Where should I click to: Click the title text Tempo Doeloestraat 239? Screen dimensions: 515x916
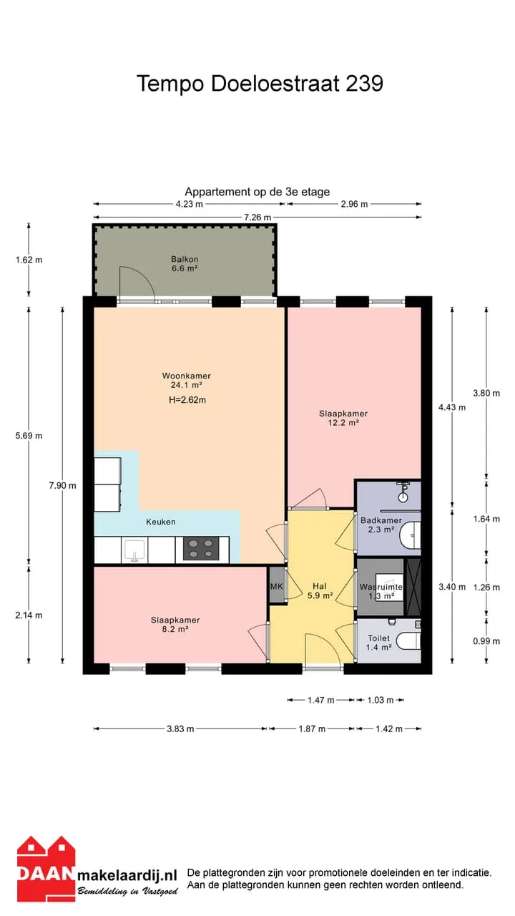(260, 84)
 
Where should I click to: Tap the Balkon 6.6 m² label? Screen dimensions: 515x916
(185, 264)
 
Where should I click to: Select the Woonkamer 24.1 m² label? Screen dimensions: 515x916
(187, 380)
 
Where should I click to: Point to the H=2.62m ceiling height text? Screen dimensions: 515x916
(187, 400)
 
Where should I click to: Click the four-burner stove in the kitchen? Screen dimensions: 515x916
(200, 549)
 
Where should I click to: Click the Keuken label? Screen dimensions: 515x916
(161, 522)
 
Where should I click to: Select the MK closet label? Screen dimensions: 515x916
(277, 586)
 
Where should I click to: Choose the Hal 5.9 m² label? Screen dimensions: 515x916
(320, 591)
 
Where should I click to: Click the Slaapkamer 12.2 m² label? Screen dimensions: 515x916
(343, 418)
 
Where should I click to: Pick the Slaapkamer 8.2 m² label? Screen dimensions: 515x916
(175, 625)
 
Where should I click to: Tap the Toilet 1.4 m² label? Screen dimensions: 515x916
(379, 643)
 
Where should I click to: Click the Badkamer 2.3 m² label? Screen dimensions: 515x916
(381, 525)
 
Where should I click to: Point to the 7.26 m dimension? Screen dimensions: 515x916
(257, 217)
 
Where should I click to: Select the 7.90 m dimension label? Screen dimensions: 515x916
(62, 485)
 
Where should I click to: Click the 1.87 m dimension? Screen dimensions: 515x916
(312, 729)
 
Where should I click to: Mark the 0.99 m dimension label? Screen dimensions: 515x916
(486, 641)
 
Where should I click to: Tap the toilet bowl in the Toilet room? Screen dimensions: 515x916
(408, 641)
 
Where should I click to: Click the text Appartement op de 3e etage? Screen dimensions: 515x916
(257, 192)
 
